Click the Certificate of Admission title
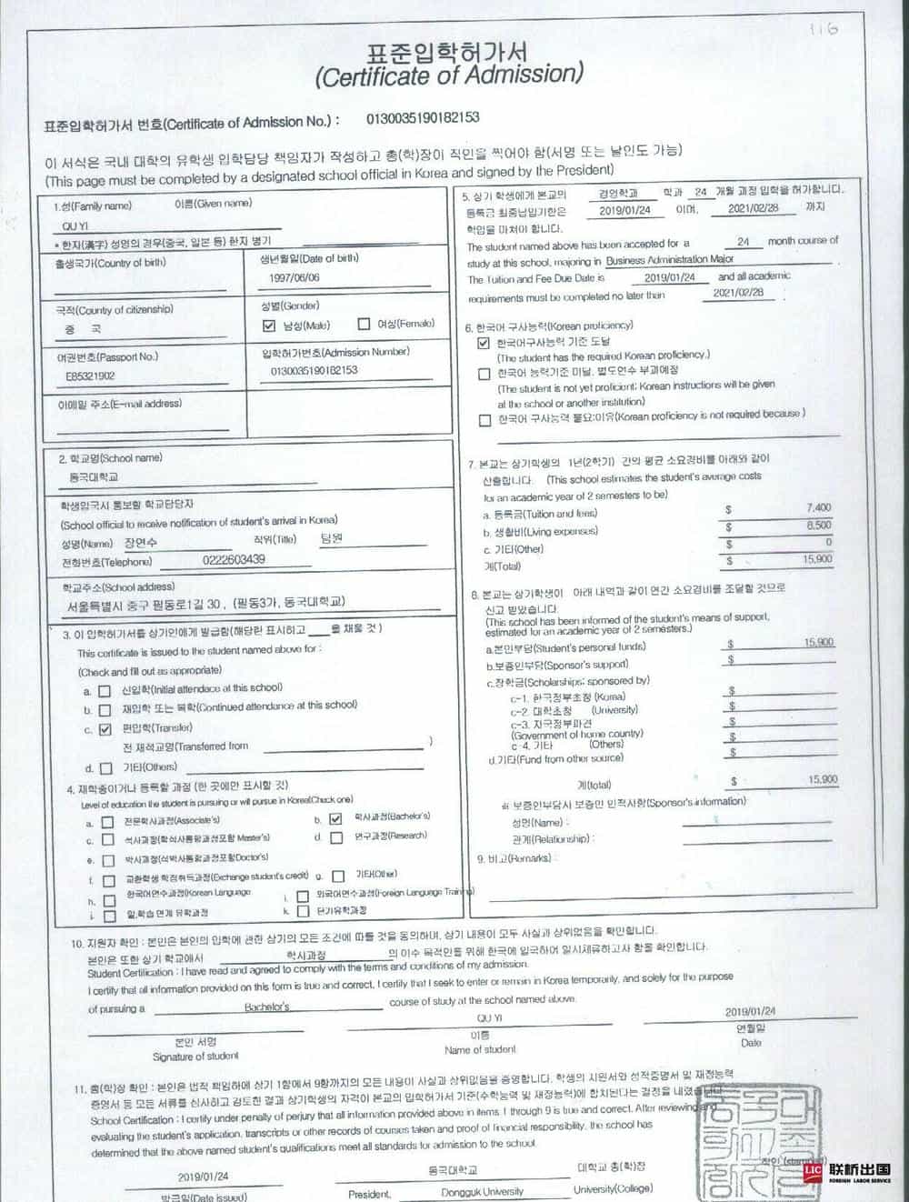449,75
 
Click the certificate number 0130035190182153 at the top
423,118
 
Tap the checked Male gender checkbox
268,326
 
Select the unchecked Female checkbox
364,324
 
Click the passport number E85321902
90,376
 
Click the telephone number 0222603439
234,560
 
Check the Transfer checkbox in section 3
105,729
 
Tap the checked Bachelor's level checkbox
335,818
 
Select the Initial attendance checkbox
105,691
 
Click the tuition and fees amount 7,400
818,508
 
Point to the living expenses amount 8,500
818,526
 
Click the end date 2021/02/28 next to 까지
754,208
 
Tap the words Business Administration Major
670,260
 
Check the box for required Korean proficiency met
484,343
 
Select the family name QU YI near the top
75,225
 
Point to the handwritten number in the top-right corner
823,29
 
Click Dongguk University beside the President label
482,1191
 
